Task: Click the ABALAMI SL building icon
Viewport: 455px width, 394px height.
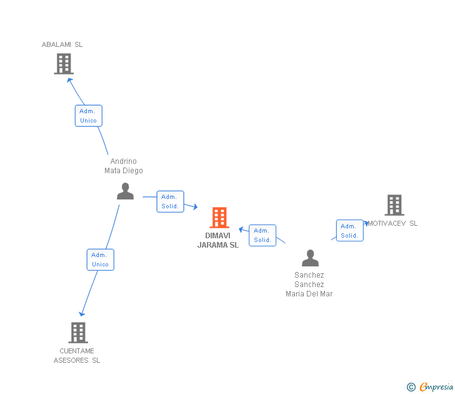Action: point(64,64)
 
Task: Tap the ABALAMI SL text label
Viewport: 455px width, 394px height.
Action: point(62,44)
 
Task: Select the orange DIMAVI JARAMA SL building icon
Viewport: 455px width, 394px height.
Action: point(219,218)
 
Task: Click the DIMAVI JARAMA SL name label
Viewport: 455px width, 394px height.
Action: point(218,240)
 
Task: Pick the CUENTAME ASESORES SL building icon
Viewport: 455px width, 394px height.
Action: point(78,332)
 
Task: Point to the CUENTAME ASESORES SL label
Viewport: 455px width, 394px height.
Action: point(77,355)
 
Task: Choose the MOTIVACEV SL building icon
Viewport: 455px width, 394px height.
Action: point(394,205)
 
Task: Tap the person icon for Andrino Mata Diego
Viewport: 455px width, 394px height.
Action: point(125,191)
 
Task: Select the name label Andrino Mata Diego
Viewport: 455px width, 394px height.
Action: point(124,166)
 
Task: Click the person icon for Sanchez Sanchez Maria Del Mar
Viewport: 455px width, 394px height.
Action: point(310,258)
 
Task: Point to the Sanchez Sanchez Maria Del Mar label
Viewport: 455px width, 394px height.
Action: point(309,284)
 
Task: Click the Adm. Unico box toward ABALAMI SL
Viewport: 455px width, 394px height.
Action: point(88,116)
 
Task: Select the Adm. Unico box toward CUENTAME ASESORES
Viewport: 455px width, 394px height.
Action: point(100,260)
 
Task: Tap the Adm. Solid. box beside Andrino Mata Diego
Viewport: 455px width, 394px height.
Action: point(170,201)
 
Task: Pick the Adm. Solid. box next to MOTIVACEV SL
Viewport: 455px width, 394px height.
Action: point(349,231)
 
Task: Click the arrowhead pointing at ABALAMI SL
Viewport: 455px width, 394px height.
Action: point(70,79)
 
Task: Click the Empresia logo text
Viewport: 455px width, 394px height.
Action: point(436,387)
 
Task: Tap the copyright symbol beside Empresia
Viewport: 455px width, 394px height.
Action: point(411,388)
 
